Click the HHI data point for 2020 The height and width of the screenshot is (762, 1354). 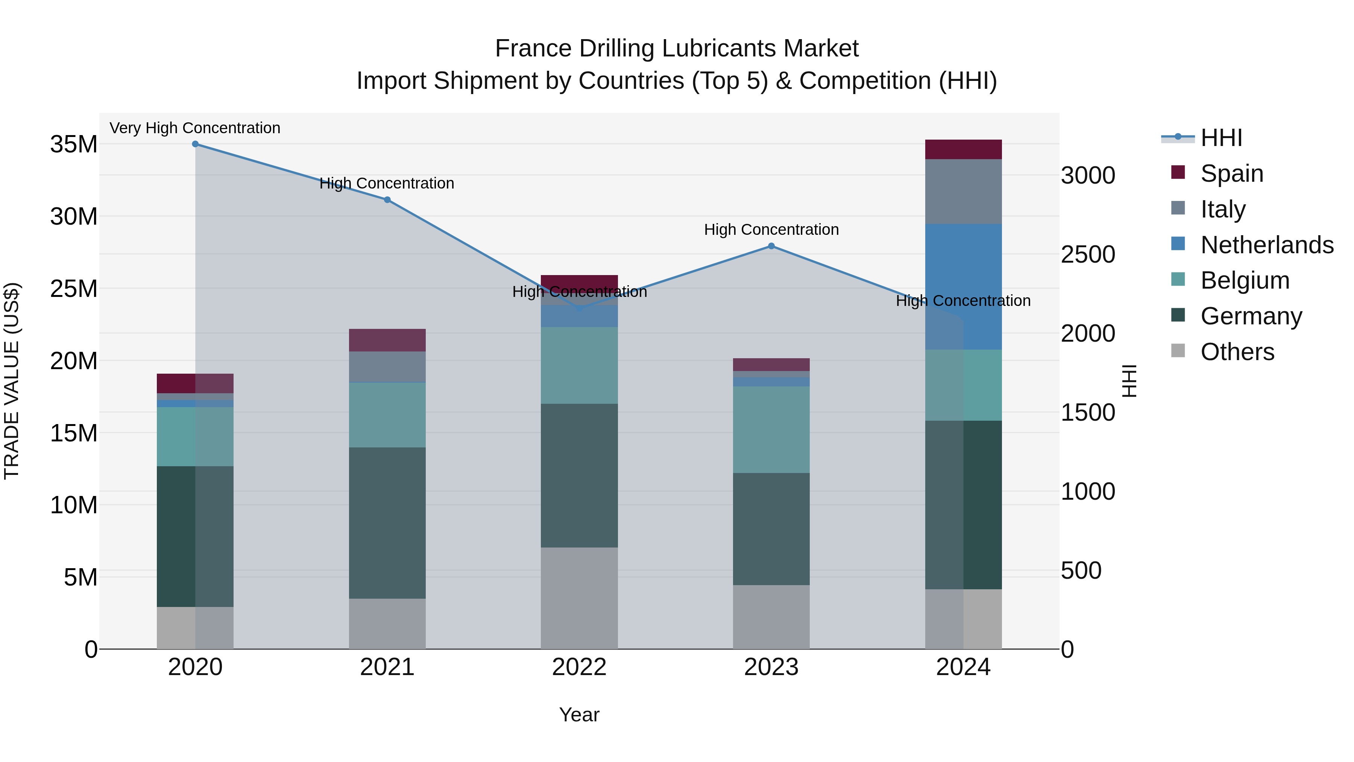pyautogui.click(x=195, y=144)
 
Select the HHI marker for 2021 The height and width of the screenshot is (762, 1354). pyautogui.click(x=387, y=200)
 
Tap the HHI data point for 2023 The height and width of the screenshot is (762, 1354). pyautogui.click(x=771, y=246)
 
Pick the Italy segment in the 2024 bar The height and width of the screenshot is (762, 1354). pyautogui.click(x=964, y=192)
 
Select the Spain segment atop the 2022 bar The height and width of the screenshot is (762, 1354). pyautogui.click(x=579, y=281)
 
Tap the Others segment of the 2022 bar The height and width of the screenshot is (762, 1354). pyautogui.click(x=579, y=598)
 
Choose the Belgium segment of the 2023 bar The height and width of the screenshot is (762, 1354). pyautogui.click(x=771, y=430)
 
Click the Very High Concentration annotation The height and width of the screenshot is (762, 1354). pyautogui.click(x=195, y=128)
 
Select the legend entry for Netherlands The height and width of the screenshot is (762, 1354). pyautogui.click(x=1267, y=245)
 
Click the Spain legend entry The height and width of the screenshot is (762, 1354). pyautogui.click(x=1231, y=173)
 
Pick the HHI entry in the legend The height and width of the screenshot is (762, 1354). pyautogui.click(x=1221, y=138)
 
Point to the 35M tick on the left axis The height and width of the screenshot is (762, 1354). pyautogui.click(x=74, y=144)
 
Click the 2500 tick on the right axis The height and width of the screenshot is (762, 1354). pyautogui.click(x=1087, y=254)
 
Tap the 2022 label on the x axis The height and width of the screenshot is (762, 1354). pyautogui.click(x=579, y=667)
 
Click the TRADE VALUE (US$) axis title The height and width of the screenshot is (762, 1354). pyautogui.click(x=12, y=381)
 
